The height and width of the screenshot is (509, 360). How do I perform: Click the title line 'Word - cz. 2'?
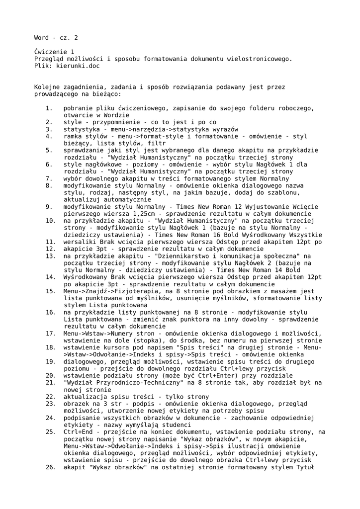click(56, 38)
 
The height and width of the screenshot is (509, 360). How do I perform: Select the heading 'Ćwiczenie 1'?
click(54, 52)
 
